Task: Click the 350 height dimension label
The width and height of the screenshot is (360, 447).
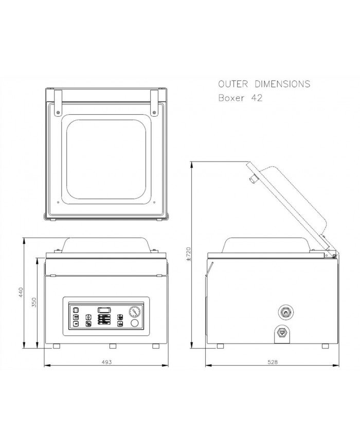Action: pyautogui.click(x=34, y=302)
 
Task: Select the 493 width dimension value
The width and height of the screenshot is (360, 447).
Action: pyautogui.click(x=106, y=362)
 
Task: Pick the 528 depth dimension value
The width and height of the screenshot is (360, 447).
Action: pyautogui.click(x=273, y=362)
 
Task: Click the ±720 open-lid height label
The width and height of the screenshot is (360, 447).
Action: pyautogui.click(x=189, y=255)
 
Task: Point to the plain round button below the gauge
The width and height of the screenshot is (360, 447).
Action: pyautogui.click(x=135, y=324)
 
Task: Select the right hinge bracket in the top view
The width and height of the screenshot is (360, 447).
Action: pyautogui.click(x=155, y=102)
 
